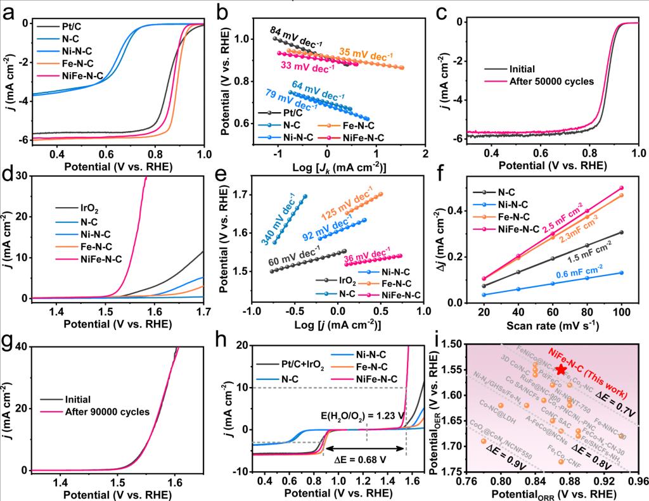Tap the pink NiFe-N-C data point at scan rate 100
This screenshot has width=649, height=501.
(622, 187)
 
